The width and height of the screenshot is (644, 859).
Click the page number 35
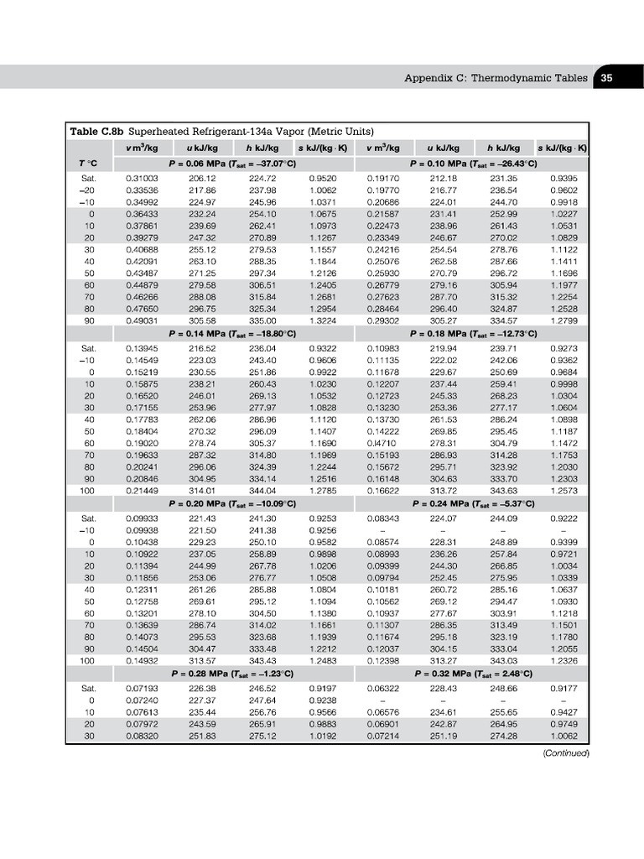click(606, 77)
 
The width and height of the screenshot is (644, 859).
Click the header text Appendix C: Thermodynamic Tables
click(496, 77)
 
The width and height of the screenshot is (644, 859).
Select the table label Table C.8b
click(97, 132)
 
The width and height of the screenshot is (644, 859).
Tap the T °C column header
click(87, 163)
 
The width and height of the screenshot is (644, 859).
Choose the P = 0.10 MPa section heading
click(474, 163)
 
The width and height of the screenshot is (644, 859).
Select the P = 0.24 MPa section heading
click(474, 503)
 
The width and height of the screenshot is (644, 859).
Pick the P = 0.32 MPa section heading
click(474, 674)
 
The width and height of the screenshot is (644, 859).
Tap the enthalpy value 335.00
click(262, 320)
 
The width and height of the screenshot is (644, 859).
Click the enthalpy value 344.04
click(262, 490)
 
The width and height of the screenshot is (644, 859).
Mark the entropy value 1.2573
click(563, 490)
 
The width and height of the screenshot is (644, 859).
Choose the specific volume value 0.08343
click(383, 519)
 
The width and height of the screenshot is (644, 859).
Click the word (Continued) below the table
click(567, 753)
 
